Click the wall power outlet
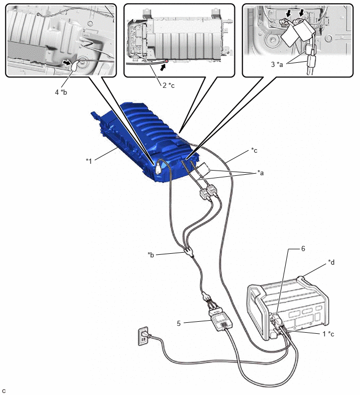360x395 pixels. click(143, 336)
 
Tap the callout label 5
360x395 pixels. click(178, 323)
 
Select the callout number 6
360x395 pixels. click(303, 249)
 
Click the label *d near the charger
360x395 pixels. click(332, 262)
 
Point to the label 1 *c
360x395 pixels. click(329, 334)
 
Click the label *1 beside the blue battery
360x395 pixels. click(89, 161)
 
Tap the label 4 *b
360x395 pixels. click(61, 92)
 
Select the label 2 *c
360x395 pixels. click(168, 85)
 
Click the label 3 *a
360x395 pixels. click(277, 64)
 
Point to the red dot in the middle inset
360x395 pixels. click(166, 61)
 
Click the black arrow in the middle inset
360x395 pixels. click(163, 67)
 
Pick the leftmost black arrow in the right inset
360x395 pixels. click(289, 13)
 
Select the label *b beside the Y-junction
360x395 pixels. click(151, 255)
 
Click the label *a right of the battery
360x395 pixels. click(261, 173)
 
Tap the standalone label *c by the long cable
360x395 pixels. click(254, 150)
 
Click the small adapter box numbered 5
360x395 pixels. click(221, 322)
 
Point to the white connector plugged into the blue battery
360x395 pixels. click(158, 167)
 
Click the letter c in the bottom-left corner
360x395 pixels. click(4, 391)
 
